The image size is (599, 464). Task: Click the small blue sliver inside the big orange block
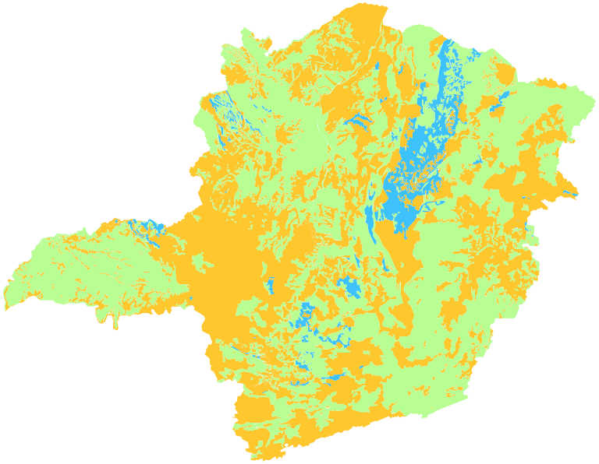[270, 285]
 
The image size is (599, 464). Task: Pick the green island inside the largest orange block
[204, 265]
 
